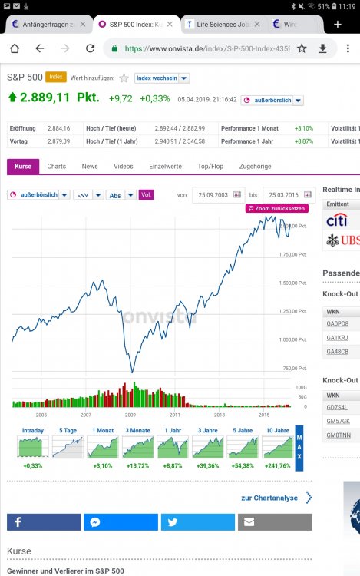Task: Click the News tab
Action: [90, 166]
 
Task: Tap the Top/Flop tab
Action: [210, 166]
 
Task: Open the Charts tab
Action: [56, 166]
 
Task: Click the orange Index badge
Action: [55, 77]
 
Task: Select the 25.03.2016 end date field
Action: [283, 195]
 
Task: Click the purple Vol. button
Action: [146, 195]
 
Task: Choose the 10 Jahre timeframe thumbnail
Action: [277, 446]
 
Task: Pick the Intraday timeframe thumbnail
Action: [33, 446]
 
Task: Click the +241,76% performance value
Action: [277, 465]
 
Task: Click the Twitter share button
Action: [198, 522]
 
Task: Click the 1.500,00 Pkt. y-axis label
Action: [294, 283]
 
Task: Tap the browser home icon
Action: [15, 48]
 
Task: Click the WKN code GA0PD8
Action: [337, 323]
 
